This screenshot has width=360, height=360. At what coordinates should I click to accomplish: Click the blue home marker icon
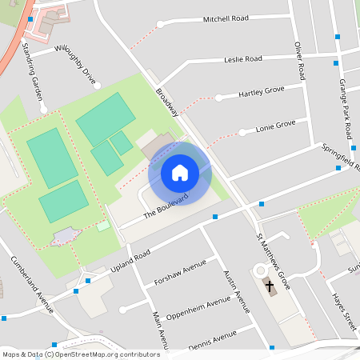pos(180,173)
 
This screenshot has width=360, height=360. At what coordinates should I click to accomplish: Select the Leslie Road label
pos(243,59)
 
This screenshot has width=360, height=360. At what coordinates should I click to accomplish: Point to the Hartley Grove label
pos(262,94)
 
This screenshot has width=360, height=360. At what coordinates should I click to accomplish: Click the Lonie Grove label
pos(275,126)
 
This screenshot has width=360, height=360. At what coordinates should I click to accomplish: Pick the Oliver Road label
pos(299,61)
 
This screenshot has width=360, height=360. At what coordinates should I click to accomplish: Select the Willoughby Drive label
pos(75,66)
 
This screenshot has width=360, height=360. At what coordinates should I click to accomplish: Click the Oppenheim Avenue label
pos(197,309)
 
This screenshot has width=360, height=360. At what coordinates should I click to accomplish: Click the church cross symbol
pos(270,286)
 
